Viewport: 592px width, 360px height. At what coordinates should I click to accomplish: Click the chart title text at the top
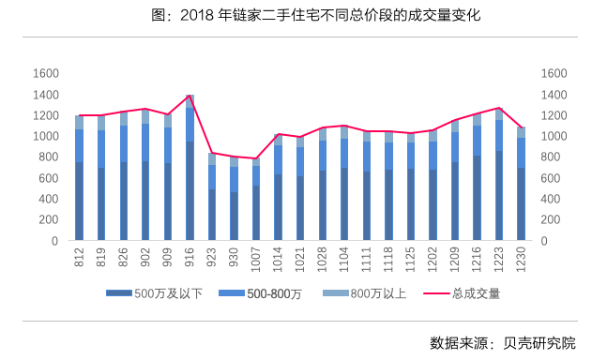[296, 16]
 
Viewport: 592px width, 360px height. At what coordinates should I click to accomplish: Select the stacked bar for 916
[190, 169]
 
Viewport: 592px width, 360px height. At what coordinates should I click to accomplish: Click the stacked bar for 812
[80, 178]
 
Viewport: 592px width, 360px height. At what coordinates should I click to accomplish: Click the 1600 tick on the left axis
[46, 73]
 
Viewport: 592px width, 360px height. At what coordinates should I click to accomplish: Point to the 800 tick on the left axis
[50, 157]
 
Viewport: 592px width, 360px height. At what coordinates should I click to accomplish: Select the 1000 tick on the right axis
[554, 136]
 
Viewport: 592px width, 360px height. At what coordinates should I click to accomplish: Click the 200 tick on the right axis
[551, 219]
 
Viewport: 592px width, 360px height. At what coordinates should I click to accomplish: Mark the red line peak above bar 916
[190, 96]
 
